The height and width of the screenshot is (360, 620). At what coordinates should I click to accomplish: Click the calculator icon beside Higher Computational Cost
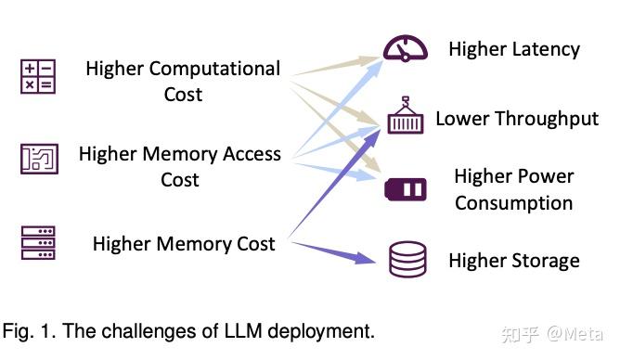tap(38, 77)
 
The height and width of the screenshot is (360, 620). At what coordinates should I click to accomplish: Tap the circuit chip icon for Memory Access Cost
tap(38, 159)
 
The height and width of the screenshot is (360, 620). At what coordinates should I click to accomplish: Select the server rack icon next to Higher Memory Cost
tap(38, 242)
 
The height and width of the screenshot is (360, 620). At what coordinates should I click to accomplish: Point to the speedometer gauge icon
tap(405, 49)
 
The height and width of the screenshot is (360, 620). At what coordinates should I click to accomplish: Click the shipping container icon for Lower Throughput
tap(405, 116)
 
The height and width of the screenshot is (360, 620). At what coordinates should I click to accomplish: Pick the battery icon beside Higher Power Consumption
tap(406, 190)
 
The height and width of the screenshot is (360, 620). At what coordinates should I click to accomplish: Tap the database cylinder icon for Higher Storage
tap(407, 261)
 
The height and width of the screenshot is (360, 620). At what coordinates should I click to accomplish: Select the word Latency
tap(546, 48)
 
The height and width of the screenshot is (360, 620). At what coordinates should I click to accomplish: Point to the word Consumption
tap(513, 202)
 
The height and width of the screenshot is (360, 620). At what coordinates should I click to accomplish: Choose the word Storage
tap(544, 261)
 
